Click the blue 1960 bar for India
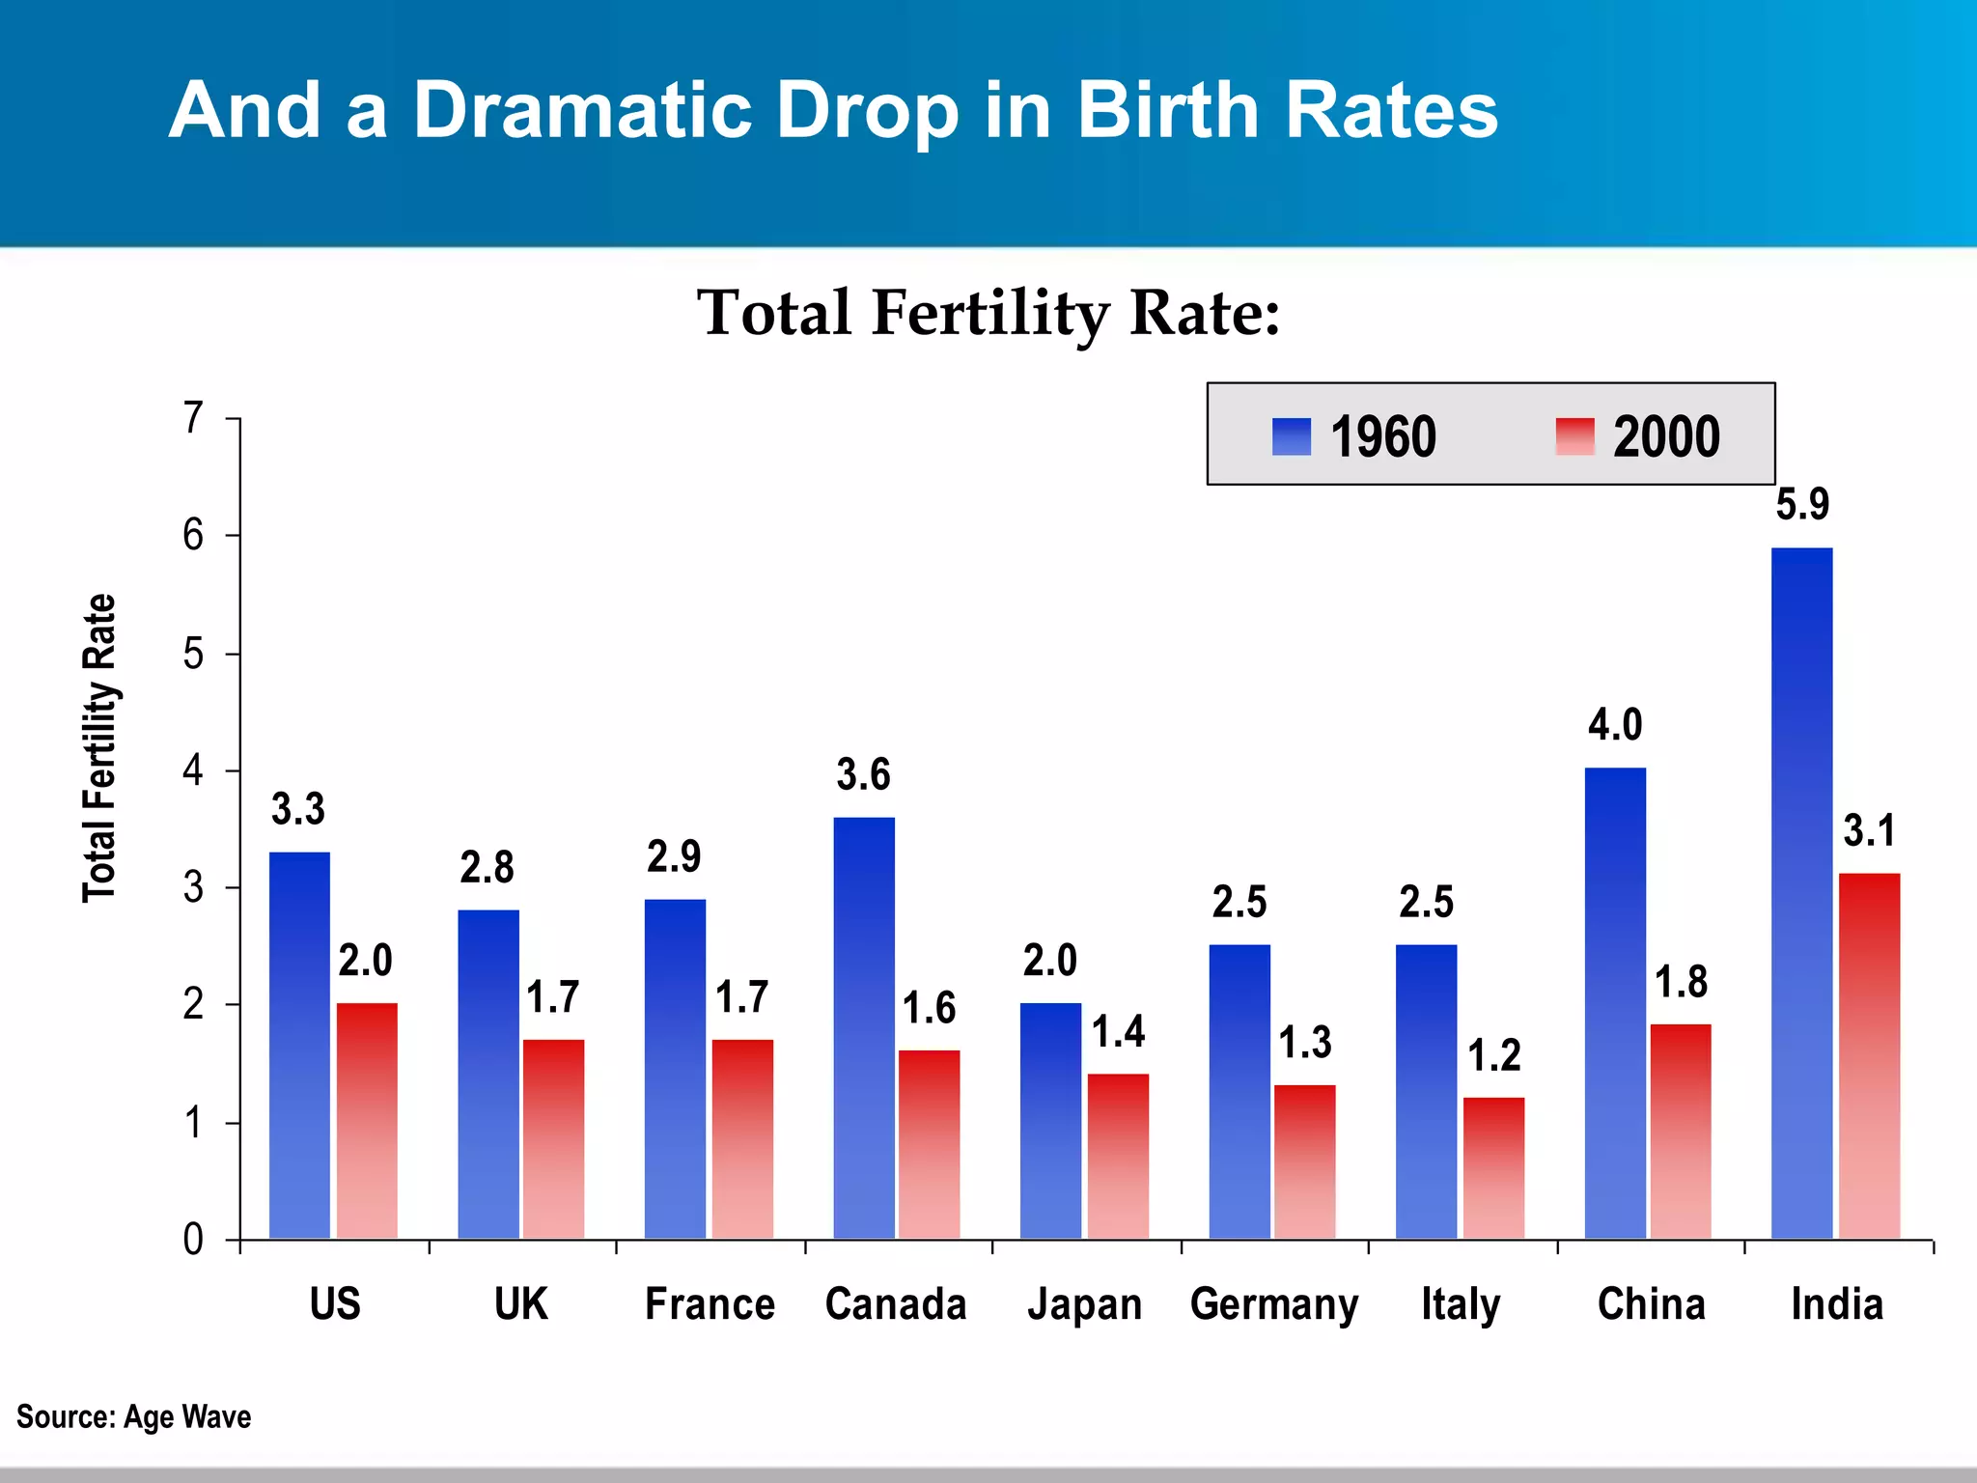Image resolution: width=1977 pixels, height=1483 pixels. tap(1801, 893)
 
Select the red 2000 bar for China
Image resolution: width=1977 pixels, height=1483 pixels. tap(1681, 1132)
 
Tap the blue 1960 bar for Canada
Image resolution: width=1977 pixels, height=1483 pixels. tap(864, 1028)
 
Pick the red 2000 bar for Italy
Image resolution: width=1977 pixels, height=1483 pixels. tap(1493, 1168)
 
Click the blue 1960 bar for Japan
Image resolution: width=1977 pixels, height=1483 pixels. tap(1050, 1121)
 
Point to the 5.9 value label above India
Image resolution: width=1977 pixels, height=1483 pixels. tap(1802, 505)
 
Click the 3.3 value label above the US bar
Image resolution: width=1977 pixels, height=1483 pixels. tap(298, 809)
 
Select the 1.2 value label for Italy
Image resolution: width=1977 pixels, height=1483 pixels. tap(1493, 1055)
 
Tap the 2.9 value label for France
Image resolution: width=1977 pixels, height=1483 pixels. tap(674, 856)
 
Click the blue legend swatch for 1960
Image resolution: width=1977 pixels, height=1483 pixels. tap(1292, 436)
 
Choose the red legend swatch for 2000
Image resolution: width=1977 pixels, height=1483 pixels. tap(1574, 436)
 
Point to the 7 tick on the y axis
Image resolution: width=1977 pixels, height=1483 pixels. tap(194, 418)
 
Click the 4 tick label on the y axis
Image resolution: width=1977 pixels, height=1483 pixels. tap(194, 770)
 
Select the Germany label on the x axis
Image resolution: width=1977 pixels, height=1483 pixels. tap(1273, 1304)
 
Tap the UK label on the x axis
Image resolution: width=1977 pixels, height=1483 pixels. tap(520, 1304)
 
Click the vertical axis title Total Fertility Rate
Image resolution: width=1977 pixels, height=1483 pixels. tap(99, 748)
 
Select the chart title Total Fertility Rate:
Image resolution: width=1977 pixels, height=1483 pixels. tap(988, 314)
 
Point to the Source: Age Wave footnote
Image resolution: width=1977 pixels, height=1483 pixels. tap(134, 1416)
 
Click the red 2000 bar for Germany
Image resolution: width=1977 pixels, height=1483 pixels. tap(1304, 1162)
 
